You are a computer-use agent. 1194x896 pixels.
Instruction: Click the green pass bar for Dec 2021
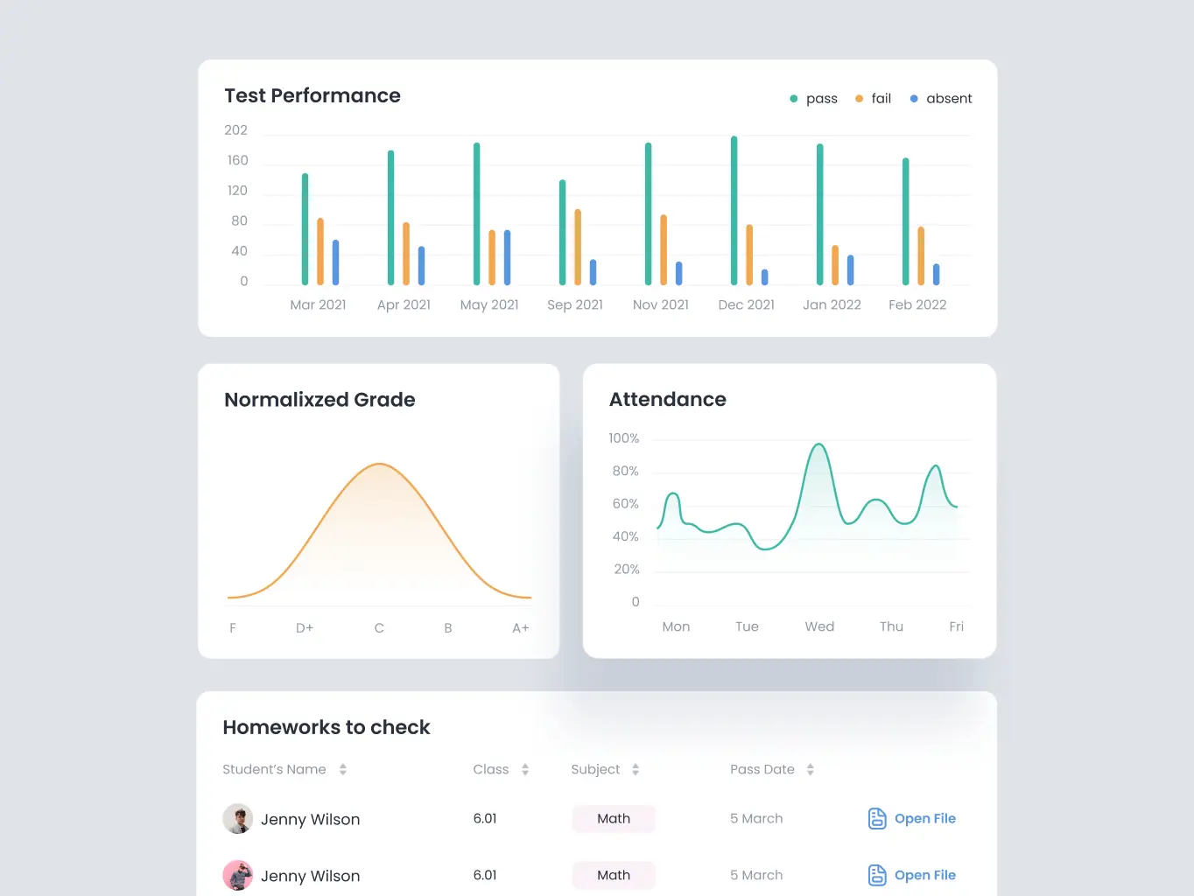click(734, 210)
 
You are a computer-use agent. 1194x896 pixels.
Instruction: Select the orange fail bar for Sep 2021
click(578, 248)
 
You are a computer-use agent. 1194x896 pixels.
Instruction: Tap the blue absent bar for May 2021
click(507, 258)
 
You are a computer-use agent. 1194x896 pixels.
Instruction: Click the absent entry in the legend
click(941, 98)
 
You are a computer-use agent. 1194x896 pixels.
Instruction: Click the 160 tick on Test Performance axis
click(238, 160)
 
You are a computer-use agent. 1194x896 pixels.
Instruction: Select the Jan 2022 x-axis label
click(832, 304)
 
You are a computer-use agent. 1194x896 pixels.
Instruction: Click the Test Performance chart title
click(313, 95)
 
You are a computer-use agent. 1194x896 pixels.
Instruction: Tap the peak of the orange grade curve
click(380, 464)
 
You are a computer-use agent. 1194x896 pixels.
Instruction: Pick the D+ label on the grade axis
click(305, 628)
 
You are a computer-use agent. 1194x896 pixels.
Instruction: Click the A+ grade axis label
click(521, 628)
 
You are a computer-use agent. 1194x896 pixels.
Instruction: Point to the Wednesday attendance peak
click(818, 444)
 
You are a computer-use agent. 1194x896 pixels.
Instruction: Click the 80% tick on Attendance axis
click(625, 471)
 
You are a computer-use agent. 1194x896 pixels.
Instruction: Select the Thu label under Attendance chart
click(891, 626)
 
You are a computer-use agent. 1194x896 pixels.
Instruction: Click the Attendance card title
click(667, 399)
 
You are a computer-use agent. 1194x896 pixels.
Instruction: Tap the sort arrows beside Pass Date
click(810, 769)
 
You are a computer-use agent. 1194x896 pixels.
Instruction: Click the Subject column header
click(595, 769)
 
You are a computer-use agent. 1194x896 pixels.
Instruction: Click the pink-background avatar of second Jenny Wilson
click(238, 875)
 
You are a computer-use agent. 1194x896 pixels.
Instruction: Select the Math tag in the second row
click(614, 875)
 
